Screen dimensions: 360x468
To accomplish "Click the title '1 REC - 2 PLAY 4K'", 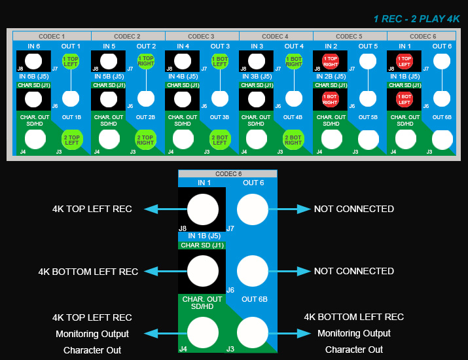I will pos(417,19).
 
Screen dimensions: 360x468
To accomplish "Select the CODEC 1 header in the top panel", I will pos(52,36).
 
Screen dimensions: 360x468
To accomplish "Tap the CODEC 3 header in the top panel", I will pos(202,36).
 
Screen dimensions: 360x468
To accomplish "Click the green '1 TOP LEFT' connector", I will pos(71,62).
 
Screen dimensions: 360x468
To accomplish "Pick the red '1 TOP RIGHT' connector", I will pos(330,62).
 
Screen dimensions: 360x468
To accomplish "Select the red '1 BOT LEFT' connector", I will pos(404,99).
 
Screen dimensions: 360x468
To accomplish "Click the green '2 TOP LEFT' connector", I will pos(71,139).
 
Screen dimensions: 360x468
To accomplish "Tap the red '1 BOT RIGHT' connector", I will pos(330,99).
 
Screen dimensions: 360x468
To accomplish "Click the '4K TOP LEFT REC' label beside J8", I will pos(92,209).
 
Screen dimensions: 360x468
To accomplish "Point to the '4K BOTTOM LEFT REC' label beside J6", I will pos(88,271).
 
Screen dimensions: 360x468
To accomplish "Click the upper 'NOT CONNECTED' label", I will pos(354,209).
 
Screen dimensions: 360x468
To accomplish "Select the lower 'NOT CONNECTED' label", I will pos(354,271).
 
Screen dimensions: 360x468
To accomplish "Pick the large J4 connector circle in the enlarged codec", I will pos(203,332).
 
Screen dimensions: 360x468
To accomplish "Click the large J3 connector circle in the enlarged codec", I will pos(253,332).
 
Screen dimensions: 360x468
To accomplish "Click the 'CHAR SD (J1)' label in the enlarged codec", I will pos(202,245).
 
